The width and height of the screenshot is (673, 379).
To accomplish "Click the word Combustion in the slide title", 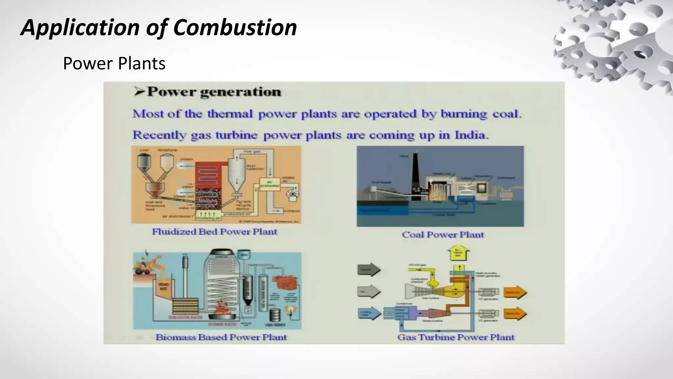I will (235, 27).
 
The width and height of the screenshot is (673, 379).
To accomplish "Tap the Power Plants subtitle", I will (114, 63).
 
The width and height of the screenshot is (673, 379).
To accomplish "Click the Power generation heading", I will (214, 92).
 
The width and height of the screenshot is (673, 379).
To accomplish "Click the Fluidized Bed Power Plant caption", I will (214, 232).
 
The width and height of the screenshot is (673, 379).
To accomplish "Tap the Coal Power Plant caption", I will (443, 235).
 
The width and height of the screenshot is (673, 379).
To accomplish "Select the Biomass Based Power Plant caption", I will (221, 337).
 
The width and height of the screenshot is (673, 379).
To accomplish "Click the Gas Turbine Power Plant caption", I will (455, 337).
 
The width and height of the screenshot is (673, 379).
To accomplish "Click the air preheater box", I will (270, 184).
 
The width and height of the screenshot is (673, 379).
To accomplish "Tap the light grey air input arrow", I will (369, 291).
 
